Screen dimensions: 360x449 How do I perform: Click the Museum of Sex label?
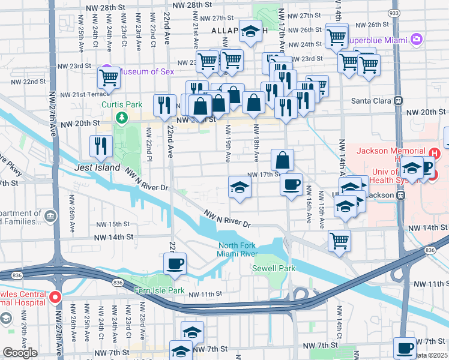(146, 71)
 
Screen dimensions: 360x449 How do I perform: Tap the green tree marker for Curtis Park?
(122, 116)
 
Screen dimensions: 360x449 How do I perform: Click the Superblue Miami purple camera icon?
(416, 40)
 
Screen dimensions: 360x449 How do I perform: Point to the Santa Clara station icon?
(397, 101)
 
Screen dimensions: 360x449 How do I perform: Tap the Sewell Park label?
(273, 268)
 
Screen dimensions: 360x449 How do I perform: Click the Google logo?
(20, 353)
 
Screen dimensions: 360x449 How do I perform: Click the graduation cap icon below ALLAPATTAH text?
(250, 31)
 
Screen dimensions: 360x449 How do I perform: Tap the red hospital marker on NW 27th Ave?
(55, 296)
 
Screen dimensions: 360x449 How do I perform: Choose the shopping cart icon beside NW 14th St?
(339, 241)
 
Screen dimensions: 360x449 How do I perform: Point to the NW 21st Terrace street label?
(82, 94)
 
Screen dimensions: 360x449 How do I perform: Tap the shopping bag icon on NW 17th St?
(282, 160)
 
